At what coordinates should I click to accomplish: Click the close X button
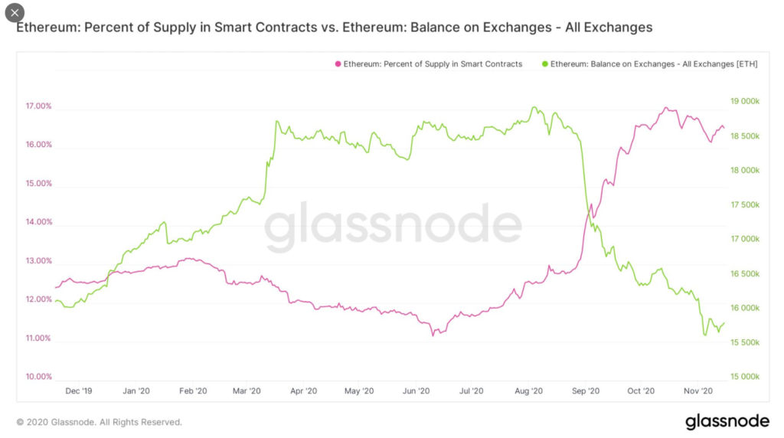pyautogui.click(x=14, y=13)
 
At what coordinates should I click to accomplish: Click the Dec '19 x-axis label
pyautogui.click(x=79, y=391)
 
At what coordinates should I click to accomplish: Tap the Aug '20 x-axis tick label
pyautogui.click(x=528, y=391)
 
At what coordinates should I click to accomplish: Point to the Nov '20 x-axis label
pyautogui.click(x=697, y=391)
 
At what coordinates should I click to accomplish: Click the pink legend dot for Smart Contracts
pyautogui.click(x=338, y=64)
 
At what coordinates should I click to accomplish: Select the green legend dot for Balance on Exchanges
pyautogui.click(x=544, y=64)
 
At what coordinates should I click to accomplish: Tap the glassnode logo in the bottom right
pyautogui.click(x=727, y=421)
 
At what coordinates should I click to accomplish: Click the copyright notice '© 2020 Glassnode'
pyautogui.click(x=99, y=422)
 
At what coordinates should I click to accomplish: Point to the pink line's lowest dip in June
pyautogui.click(x=433, y=335)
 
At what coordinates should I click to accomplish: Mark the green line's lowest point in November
pyautogui.click(x=705, y=335)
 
